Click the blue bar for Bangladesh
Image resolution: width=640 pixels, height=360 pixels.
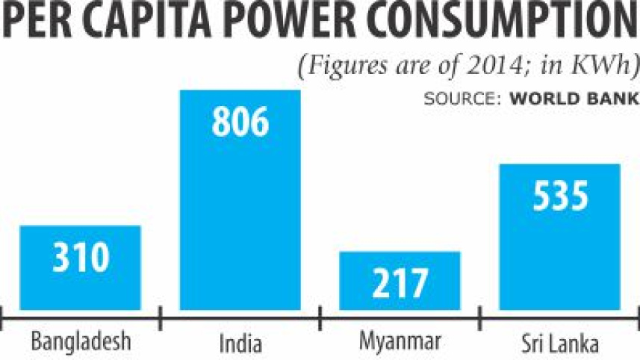[80, 267]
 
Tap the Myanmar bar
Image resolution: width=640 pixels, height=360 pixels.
[400, 280]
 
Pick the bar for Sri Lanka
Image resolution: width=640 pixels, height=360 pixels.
[559, 236]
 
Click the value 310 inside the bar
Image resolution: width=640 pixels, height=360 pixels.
[81, 258]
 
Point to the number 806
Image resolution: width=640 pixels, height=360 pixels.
[240, 122]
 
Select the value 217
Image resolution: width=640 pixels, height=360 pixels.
[400, 284]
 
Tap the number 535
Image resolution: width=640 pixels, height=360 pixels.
[560, 196]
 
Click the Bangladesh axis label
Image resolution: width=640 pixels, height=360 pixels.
[81, 343]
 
